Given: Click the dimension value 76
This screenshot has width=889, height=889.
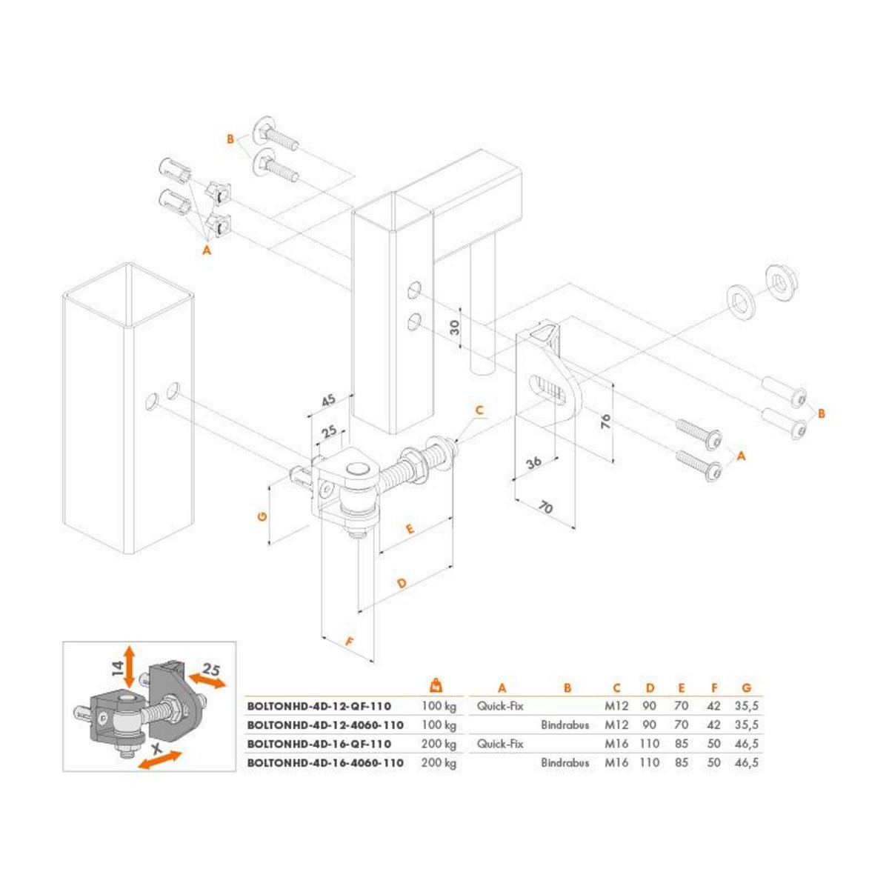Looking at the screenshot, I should (x=605, y=423).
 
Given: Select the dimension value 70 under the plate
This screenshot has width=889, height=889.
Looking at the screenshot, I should (x=545, y=507).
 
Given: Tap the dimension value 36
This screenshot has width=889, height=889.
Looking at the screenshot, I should (x=533, y=462).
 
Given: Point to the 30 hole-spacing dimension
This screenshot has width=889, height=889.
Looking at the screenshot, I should (x=456, y=326).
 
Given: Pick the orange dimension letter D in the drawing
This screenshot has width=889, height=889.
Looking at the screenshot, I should (x=401, y=584).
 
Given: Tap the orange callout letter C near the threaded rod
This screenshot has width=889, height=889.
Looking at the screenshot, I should (x=479, y=410).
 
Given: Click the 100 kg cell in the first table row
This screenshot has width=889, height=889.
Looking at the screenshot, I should (x=439, y=706).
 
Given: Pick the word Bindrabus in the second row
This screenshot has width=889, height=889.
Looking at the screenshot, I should (x=565, y=725).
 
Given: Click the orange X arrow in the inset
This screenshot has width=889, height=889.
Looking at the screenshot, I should (x=159, y=759).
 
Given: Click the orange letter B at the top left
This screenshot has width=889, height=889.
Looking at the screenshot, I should (x=230, y=139).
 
